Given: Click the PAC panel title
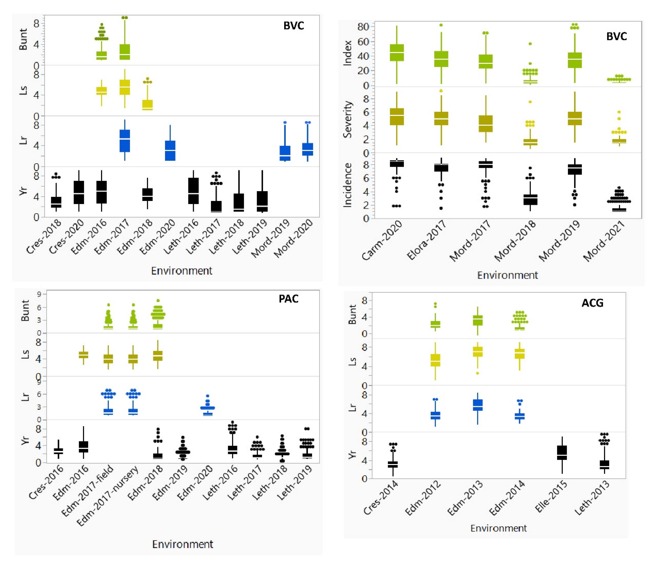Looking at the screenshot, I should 288,299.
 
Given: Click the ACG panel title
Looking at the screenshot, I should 592,303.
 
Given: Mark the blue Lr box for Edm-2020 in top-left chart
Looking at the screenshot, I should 170,151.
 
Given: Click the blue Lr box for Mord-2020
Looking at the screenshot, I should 308,149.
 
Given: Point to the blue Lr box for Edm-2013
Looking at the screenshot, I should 478,405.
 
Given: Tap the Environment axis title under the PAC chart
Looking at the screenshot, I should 182,544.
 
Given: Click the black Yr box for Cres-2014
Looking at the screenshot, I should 393,464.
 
